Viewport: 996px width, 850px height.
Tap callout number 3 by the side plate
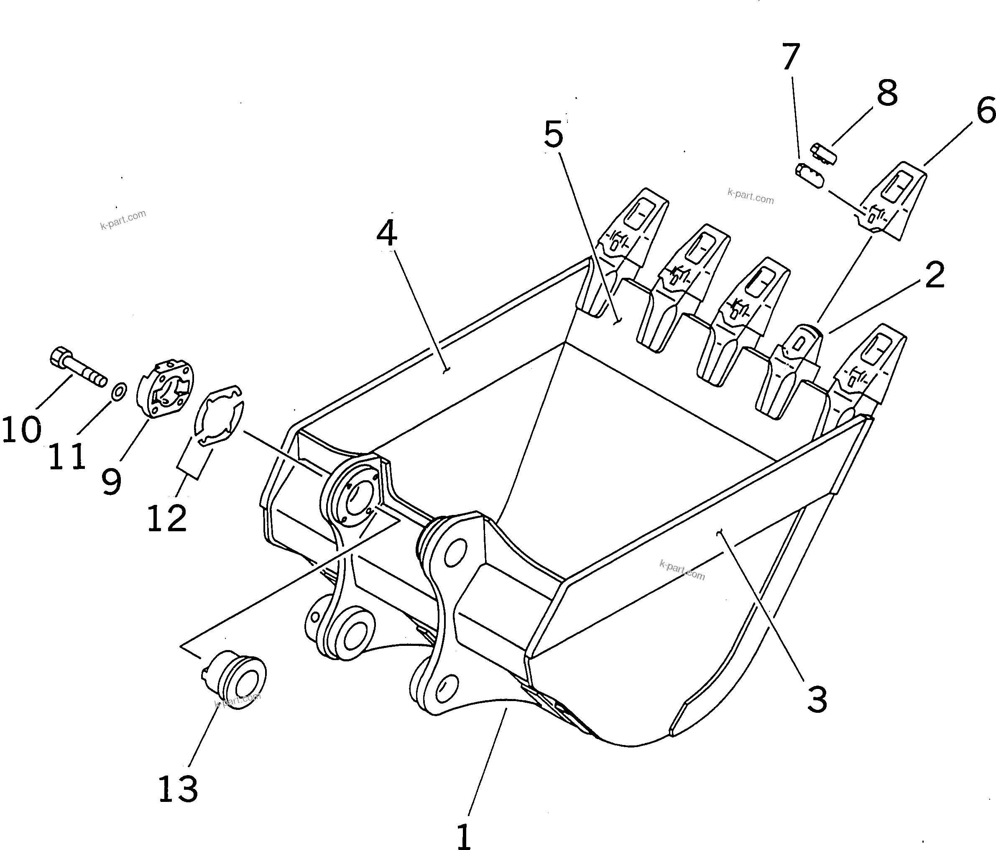(817, 699)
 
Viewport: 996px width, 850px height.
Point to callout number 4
(386, 234)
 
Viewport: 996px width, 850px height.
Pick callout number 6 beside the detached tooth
(986, 110)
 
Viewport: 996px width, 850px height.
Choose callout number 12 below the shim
(166, 518)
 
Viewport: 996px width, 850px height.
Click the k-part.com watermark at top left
(123, 219)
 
